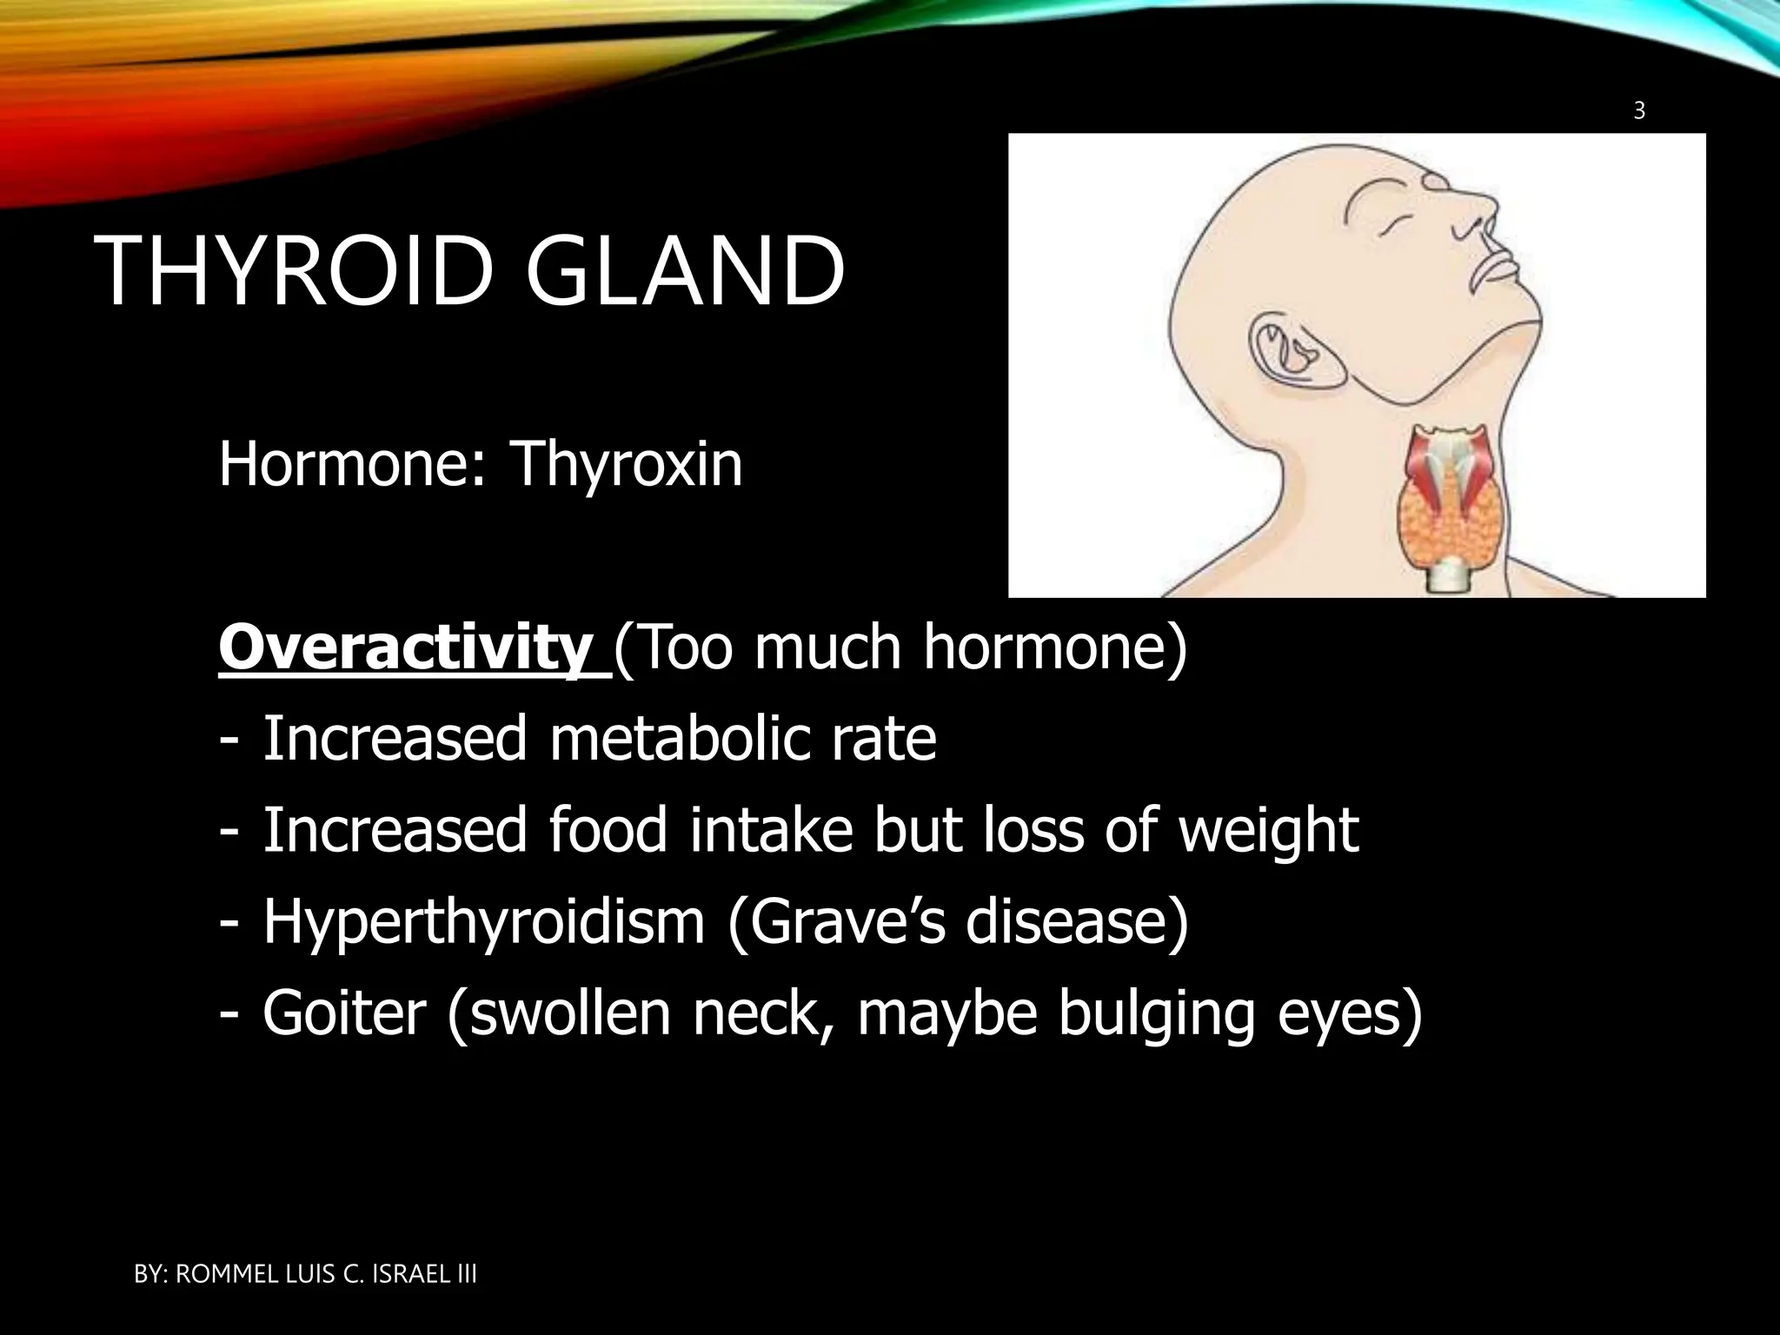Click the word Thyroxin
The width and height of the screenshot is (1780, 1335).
click(x=627, y=465)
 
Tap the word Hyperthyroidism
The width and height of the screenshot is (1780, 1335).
click(x=483, y=922)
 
